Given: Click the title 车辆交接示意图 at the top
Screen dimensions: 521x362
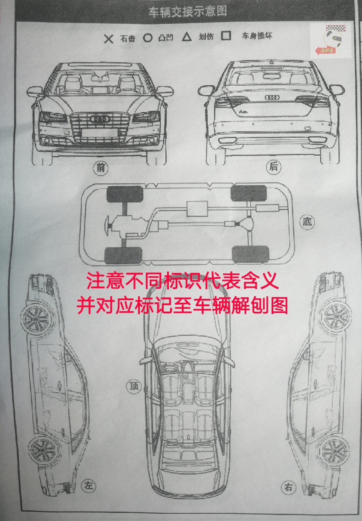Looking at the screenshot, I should pyautogui.click(x=187, y=12).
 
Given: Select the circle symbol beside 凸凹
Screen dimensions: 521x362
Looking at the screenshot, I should pyautogui.click(x=147, y=38).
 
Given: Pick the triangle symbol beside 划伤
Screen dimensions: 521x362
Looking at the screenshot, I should pyautogui.click(x=186, y=37).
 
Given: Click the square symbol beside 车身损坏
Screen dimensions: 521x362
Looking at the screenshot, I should pyautogui.click(x=226, y=36).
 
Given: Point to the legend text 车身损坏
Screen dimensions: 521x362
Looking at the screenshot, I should pyautogui.click(x=257, y=36).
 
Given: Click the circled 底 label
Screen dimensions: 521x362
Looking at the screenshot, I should pyautogui.click(x=307, y=222).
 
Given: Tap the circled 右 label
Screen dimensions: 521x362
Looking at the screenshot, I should pyautogui.click(x=289, y=487).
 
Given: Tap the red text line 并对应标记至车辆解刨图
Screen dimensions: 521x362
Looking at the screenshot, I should pyautogui.click(x=182, y=305).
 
